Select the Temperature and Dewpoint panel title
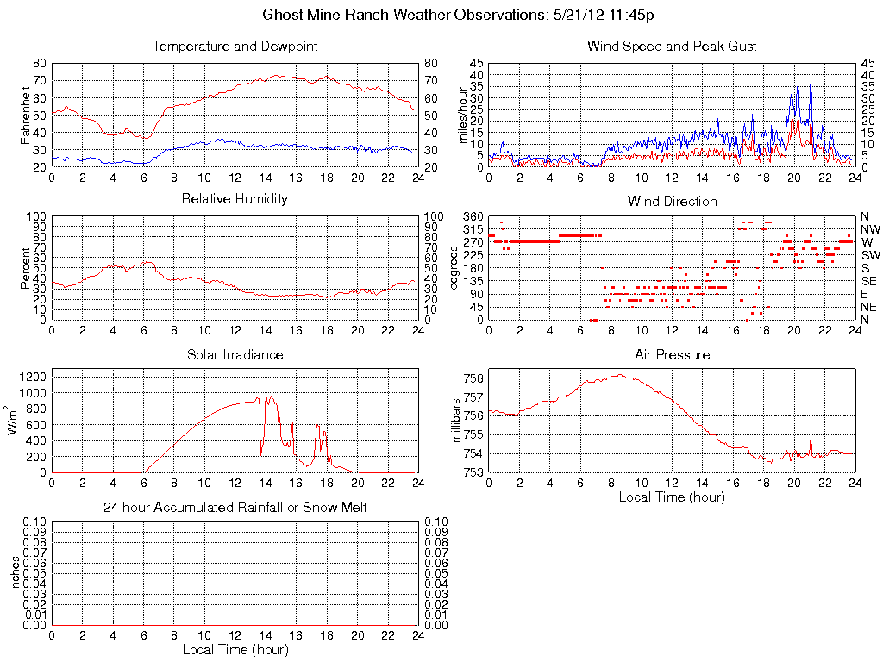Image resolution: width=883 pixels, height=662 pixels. [x=235, y=47]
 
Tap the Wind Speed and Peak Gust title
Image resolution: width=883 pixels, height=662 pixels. [x=672, y=47]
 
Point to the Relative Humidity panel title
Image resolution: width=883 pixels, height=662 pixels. [x=235, y=199]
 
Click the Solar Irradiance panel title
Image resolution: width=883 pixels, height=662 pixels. [x=235, y=354]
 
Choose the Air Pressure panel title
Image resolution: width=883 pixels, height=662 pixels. [x=672, y=354]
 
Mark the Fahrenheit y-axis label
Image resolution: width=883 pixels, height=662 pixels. [x=27, y=115]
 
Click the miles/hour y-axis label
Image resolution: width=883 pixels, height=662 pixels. [x=463, y=115]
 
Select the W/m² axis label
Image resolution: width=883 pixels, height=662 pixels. [x=16, y=421]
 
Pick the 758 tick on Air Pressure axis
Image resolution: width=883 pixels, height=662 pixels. [x=473, y=378]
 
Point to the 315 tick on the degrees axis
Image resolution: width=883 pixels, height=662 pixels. [x=473, y=229]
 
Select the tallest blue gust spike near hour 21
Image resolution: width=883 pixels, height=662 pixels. [x=811, y=77]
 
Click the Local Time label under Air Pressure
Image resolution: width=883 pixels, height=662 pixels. [x=672, y=496]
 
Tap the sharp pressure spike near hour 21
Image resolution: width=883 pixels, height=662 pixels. [x=811, y=437]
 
